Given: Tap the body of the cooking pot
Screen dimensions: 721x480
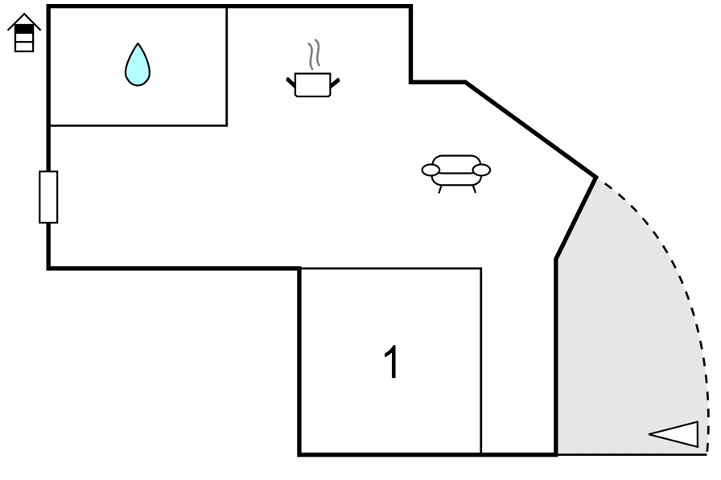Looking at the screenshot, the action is (x=313, y=85).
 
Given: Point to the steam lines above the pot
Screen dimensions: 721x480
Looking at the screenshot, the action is (x=314, y=54).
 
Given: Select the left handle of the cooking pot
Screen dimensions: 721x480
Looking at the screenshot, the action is (x=290, y=83).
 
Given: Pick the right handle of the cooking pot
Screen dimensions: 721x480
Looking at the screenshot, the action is (x=335, y=83).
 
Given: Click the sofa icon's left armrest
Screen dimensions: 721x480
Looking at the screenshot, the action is (x=431, y=170).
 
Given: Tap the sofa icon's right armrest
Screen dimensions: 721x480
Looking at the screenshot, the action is (x=481, y=170).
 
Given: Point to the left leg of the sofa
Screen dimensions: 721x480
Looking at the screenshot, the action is (x=440, y=189).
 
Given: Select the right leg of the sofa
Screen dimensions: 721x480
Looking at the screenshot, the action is (x=474, y=189).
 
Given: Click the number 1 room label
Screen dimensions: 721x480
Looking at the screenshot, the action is (x=391, y=362).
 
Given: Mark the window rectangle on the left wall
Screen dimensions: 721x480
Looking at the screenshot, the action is (x=48, y=197).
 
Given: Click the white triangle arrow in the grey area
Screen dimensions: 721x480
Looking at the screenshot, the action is (x=674, y=434).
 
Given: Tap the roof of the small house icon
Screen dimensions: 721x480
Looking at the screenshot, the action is (x=24, y=22).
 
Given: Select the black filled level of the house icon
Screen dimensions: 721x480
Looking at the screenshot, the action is (x=24, y=29).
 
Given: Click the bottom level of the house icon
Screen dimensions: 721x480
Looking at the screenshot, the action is (x=24, y=47).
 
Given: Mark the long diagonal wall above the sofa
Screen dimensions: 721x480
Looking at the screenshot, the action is (x=531, y=129).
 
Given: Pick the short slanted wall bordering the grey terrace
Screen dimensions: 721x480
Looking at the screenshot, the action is (x=577, y=218).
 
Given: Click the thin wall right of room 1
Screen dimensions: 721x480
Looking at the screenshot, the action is (x=481, y=361).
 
